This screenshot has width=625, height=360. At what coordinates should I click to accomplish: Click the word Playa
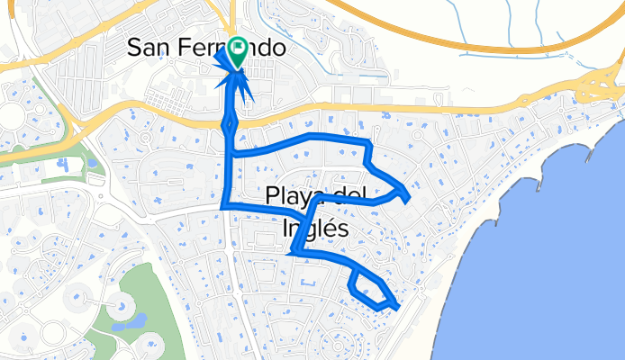pos(292,195)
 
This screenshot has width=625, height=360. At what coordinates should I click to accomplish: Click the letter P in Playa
pos(273,195)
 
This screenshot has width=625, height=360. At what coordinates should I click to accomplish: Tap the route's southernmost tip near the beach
pos(396,307)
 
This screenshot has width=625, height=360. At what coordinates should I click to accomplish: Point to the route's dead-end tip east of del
pos(409,196)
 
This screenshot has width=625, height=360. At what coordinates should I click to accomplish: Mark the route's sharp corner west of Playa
pos(224,205)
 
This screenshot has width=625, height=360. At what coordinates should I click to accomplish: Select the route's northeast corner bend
pos(368,143)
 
